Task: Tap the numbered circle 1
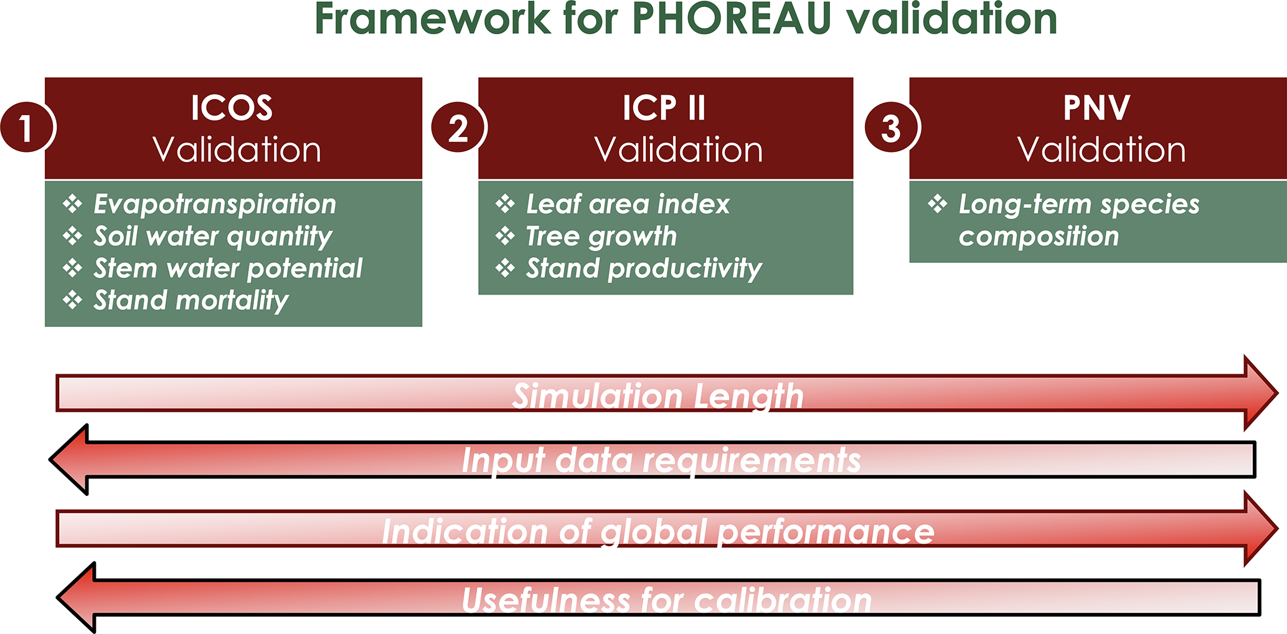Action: click(27, 128)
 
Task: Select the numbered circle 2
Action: click(458, 128)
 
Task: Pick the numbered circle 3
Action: click(891, 128)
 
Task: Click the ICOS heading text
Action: click(232, 108)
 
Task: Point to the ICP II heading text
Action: click(664, 108)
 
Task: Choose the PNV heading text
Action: click(1096, 108)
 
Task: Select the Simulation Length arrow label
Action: click(658, 396)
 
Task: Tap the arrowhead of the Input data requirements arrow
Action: click(68, 460)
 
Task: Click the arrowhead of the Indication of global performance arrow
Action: click(1261, 529)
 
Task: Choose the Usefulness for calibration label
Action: click(666, 600)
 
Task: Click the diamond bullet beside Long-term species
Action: click(938, 204)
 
